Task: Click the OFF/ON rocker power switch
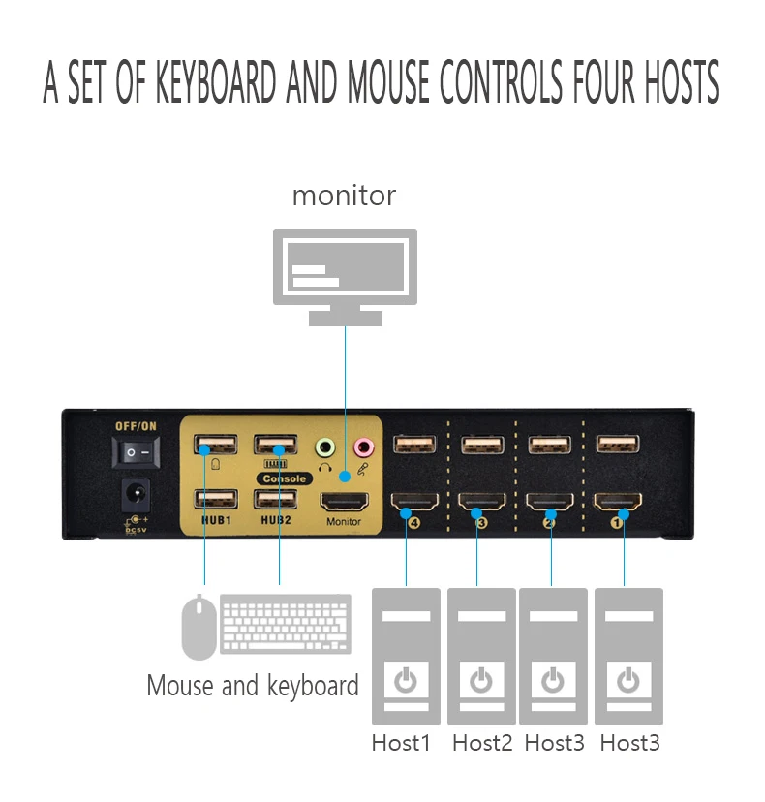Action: pos(136,452)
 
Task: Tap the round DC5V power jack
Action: pos(136,495)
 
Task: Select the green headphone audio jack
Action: pos(324,448)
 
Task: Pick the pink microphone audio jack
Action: pos(363,447)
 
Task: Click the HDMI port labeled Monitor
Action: pos(344,503)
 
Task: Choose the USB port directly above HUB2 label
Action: pos(276,499)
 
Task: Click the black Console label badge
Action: pos(285,478)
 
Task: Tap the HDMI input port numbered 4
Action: pos(414,502)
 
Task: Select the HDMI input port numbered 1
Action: pos(618,502)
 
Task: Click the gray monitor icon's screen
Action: pos(345,266)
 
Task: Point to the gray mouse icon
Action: pos(199,627)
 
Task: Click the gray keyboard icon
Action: pos(286,624)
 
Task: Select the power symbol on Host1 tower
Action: pos(406,680)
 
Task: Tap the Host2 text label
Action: pos(482,743)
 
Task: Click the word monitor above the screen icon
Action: pos(344,196)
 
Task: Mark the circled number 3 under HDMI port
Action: pos(481,523)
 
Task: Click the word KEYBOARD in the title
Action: pos(216,81)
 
